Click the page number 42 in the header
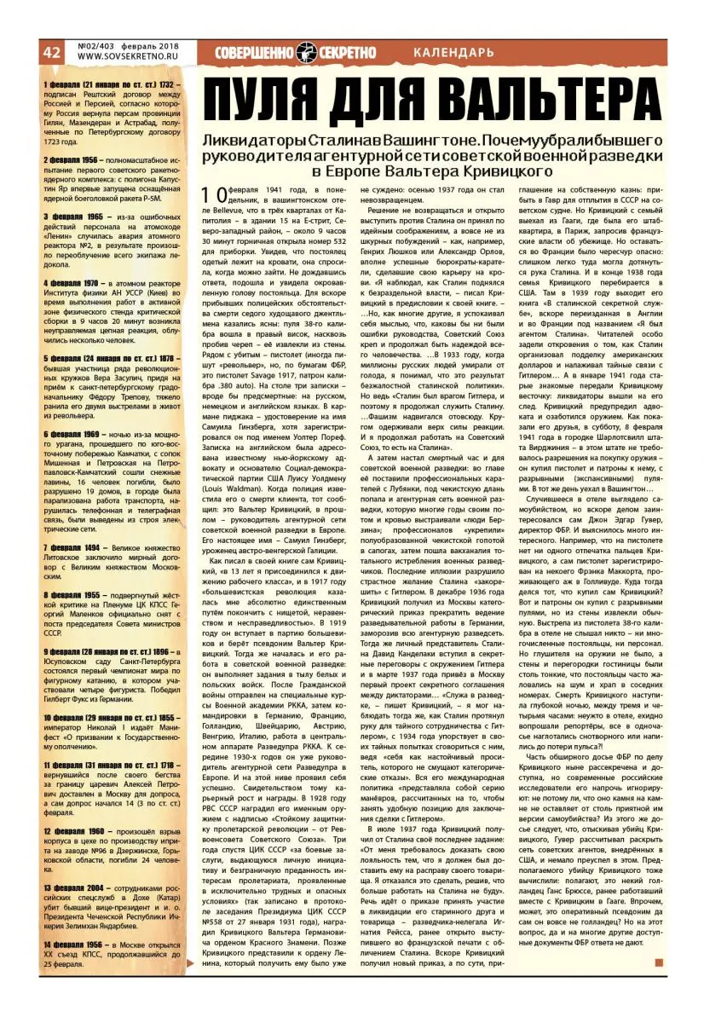coord(51,52)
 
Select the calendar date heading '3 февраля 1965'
coord(73,217)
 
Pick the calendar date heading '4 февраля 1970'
coord(73,281)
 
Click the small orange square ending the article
coord(658,963)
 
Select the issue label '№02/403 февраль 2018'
coord(128,46)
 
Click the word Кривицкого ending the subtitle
coord(500,170)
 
